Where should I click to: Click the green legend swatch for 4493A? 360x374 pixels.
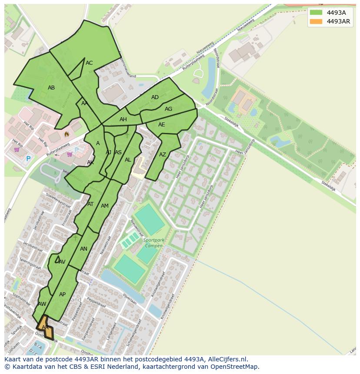316,13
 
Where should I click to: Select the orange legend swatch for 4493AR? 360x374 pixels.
316,21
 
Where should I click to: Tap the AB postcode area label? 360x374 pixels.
51,88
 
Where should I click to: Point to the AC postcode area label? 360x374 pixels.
89,63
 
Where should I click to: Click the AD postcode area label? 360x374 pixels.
155,97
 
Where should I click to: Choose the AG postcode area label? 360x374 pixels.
168,109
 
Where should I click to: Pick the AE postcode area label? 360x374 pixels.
161,125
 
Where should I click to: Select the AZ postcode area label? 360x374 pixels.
162,155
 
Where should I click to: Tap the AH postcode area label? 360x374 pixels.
123,119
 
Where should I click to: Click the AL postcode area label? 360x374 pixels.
128,160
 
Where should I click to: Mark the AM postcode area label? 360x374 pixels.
104,206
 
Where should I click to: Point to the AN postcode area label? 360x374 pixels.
83,249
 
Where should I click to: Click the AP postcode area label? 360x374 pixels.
62,295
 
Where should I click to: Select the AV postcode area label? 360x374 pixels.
62,262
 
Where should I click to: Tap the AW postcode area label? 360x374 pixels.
42,304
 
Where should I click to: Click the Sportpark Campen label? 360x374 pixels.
153,243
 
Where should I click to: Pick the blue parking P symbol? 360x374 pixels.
28,159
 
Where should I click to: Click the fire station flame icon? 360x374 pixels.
67,134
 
